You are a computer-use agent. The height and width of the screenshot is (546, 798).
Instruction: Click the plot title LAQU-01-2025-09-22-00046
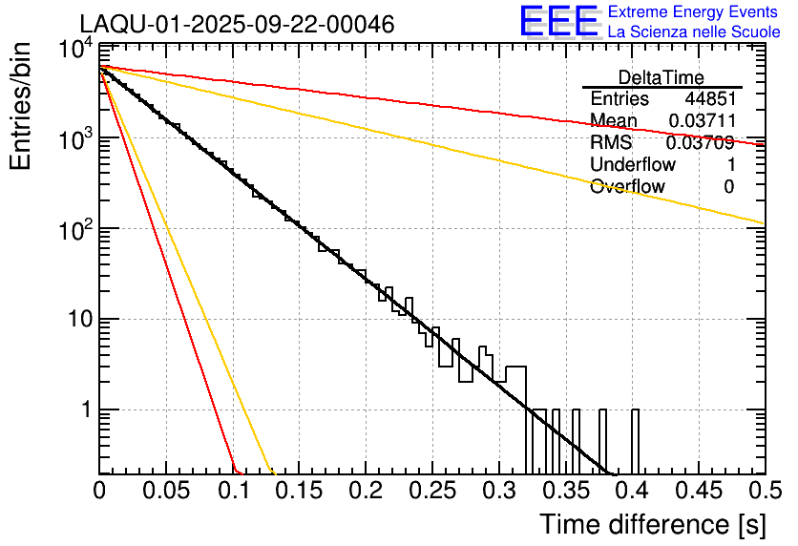click(237, 25)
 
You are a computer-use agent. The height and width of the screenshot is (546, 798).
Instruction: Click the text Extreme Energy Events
click(694, 12)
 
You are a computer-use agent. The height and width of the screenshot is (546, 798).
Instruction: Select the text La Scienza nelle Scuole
click(694, 31)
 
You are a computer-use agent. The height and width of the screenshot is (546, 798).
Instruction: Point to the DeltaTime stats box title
click(661, 77)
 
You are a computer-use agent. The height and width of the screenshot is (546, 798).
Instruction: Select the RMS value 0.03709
click(700, 143)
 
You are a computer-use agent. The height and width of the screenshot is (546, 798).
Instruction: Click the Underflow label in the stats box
click(632, 165)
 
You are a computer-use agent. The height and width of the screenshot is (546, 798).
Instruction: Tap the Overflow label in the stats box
click(627, 187)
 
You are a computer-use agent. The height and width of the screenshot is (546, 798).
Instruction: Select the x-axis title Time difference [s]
click(651, 524)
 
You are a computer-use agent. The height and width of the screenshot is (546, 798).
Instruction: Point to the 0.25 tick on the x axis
click(432, 491)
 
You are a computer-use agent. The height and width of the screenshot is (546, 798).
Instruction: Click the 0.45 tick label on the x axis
click(698, 491)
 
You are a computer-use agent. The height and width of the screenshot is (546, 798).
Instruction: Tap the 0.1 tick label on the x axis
click(232, 491)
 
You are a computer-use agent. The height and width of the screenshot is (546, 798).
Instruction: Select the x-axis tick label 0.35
click(565, 491)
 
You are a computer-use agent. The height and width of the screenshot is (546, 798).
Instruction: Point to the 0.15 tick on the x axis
click(299, 491)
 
